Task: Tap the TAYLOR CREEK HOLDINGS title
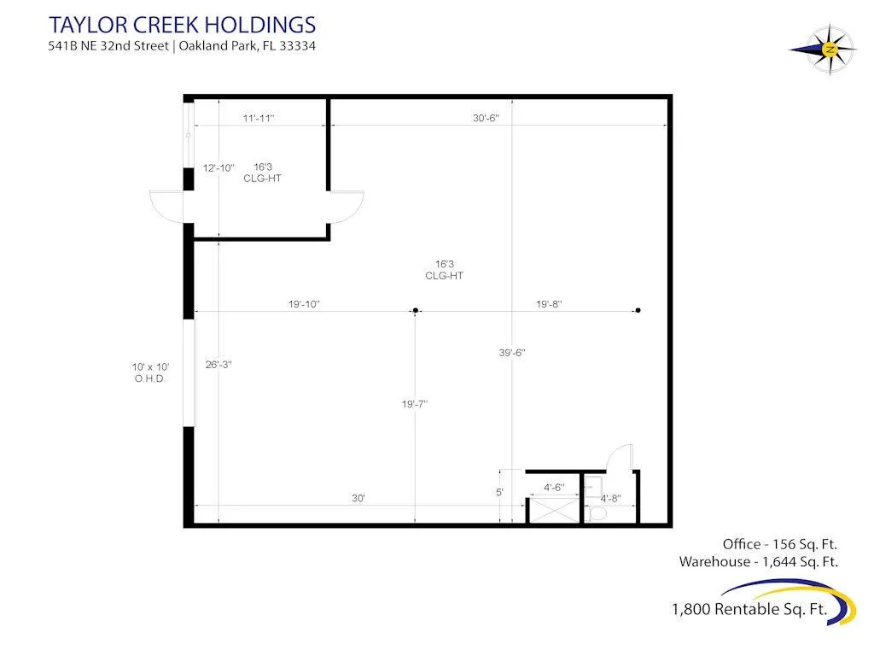click(x=183, y=25)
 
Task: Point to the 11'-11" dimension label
click(x=259, y=118)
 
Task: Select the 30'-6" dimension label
click(x=486, y=118)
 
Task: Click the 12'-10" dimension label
click(x=218, y=168)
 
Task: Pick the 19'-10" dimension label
click(x=304, y=304)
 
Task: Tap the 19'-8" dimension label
click(x=549, y=304)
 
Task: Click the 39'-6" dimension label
click(x=512, y=353)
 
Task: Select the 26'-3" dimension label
click(x=218, y=365)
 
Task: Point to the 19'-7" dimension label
click(x=415, y=404)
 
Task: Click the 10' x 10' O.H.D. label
click(x=150, y=372)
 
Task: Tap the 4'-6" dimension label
click(x=554, y=488)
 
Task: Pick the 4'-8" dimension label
click(x=610, y=498)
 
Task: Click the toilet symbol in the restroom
click(x=597, y=513)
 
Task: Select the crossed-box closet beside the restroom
click(x=554, y=511)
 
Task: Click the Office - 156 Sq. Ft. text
click(x=780, y=544)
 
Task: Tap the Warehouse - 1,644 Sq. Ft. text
click(x=759, y=562)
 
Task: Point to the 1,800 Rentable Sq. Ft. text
click(x=749, y=609)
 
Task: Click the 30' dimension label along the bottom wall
click(x=358, y=498)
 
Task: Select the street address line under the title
click(x=182, y=46)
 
